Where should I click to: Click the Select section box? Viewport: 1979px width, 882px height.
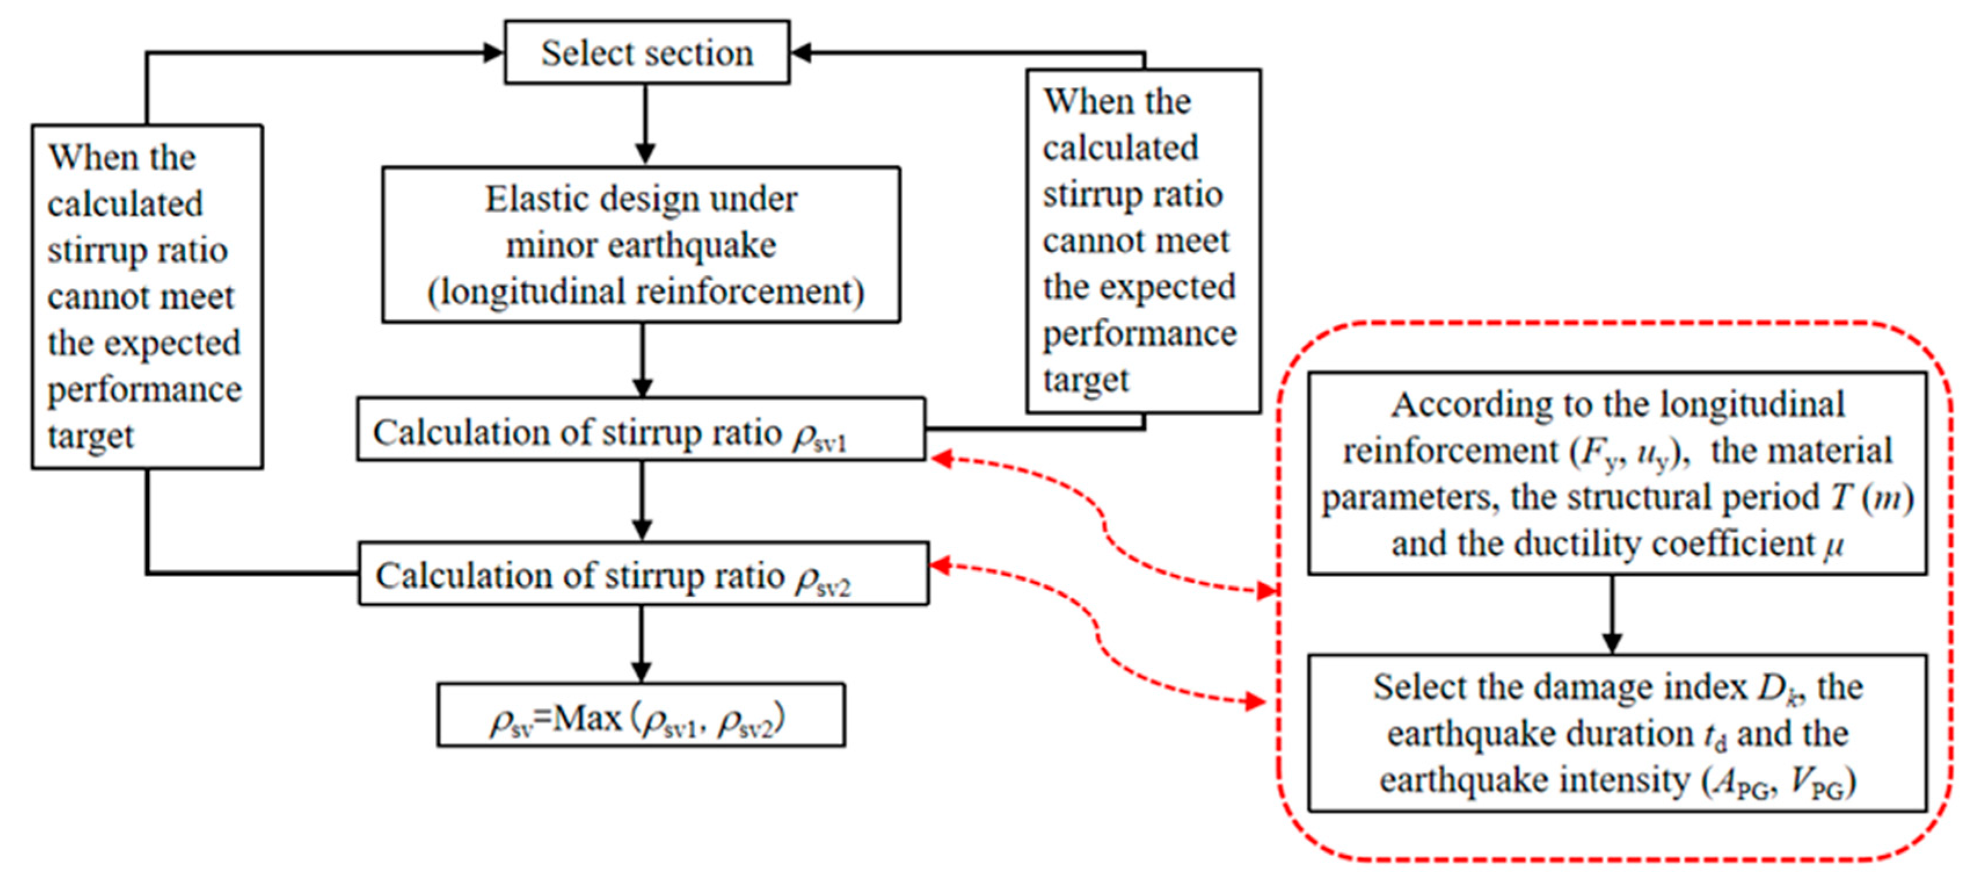pyautogui.click(x=647, y=52)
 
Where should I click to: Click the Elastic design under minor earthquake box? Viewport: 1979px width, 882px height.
pyautogui.click(x=642, y=245)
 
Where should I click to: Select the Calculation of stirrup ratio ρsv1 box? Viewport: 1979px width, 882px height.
pyautogui.click(x=642, y=429)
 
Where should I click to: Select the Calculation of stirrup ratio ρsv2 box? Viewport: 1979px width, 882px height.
pyautogui.click(x=644, y=574)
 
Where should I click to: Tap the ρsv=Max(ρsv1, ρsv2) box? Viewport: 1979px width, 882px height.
pyautogui.click(x=642, y=715)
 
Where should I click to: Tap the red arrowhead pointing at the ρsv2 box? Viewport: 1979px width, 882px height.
pyautogui.click(x=941, y=566)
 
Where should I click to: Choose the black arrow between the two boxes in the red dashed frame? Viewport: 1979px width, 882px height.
pyautogui.click(x=1612, y=615)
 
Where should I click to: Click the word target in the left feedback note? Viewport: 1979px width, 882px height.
pyautogui.click(x=90, y=436)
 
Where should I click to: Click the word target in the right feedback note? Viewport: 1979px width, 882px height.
pyautogui.click(x=1085, y=380)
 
